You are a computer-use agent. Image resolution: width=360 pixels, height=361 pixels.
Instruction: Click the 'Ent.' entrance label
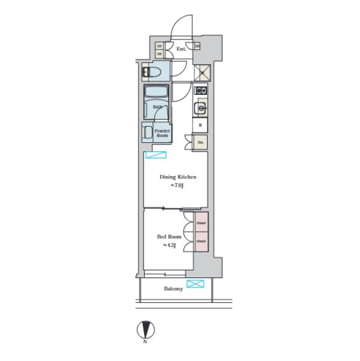click(x=180, y=48)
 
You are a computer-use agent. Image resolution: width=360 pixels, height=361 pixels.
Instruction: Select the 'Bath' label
click(x=157, y=108)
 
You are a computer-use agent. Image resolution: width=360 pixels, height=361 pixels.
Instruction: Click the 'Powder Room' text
click(x=162, y=133)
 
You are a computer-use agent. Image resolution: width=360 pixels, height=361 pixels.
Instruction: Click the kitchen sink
click(x=200, y=109)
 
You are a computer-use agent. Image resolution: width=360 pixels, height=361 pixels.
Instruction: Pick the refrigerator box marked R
click(x=200, y=125)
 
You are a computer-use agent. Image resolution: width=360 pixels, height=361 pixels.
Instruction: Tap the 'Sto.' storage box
click(x=200, y=142)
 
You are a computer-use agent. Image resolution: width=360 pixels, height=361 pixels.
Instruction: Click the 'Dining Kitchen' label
click(x=178, y=177)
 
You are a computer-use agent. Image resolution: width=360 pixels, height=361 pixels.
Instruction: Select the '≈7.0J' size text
click(x=176, y=186)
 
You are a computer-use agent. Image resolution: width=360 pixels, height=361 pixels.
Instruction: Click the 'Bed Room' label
click(x=169, y=237)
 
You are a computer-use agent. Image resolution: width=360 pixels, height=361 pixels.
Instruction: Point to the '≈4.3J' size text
click(x=169, y=245)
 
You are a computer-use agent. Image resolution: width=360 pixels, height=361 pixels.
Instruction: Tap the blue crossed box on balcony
click(x=195, y=284)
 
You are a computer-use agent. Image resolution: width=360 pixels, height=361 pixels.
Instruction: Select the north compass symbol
click(x=145, y=330)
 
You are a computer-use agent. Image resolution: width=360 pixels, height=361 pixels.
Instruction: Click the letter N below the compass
click(x=145, y=342)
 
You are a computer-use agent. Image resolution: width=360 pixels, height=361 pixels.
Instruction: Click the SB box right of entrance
click(x=197, y=46)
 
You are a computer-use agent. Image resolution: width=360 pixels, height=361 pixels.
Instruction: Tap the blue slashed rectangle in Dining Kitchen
click(x=155, y=156)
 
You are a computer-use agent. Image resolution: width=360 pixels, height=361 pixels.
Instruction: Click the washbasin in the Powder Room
click(x=147, y=131)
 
